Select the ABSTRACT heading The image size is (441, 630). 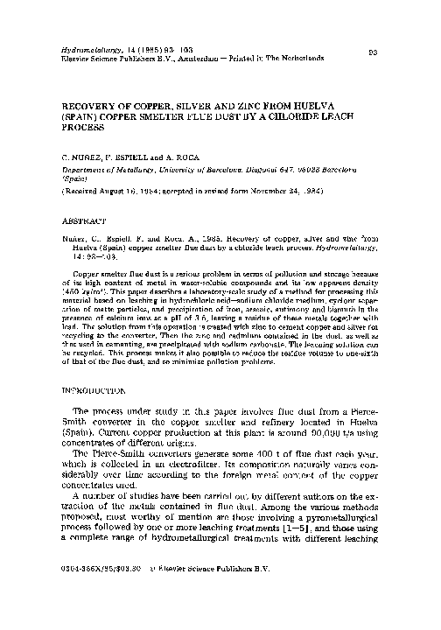tap(80, 222)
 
